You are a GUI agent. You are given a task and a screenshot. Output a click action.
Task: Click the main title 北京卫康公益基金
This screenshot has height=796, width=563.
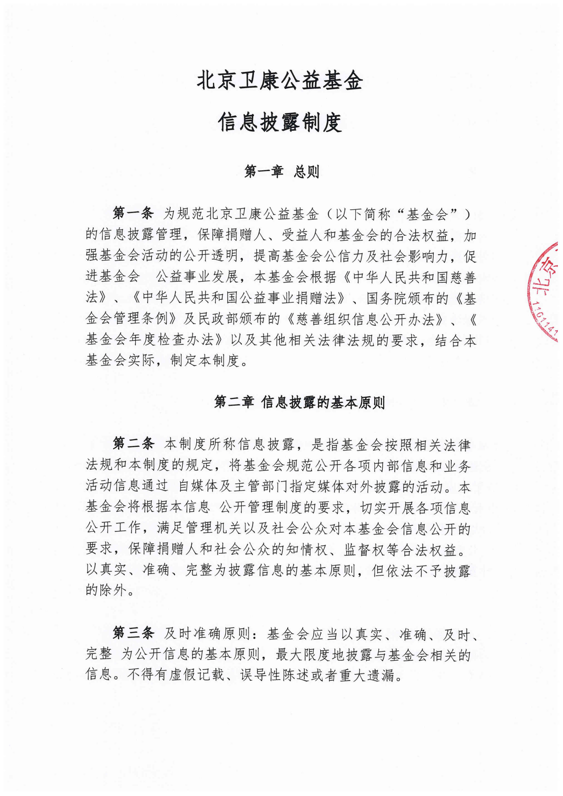pyautogui.click(x=280, y=80)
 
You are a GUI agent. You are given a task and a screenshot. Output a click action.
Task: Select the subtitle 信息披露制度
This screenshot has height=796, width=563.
pyautogui.click(x=280, y=123)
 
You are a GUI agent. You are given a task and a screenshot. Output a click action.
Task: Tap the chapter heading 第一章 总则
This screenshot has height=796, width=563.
pyautogui.click(x=281, y=171)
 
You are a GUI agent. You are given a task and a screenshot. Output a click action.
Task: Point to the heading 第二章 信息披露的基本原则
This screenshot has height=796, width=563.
pyautogui.click(x=299, y=402)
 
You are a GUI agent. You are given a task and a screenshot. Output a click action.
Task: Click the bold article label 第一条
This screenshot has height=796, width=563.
pyautogui.click(x=133, y=214)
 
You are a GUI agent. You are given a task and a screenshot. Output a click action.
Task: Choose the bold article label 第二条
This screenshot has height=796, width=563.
pyautogui.click(x=133, y=444)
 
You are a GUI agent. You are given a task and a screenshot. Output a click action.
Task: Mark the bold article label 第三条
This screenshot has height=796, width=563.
pyautogui.click(x=133, y=633)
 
